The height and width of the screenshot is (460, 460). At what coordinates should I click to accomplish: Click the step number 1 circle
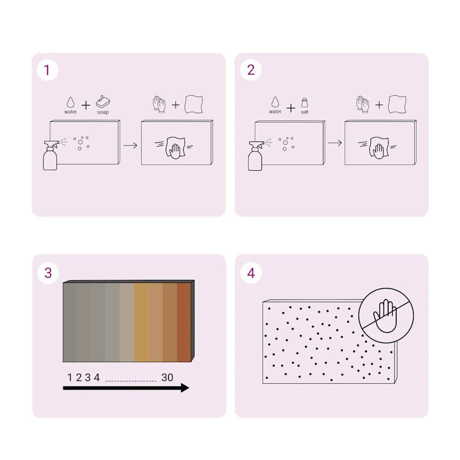click(47, 70)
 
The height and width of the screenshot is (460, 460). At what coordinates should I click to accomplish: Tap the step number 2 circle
click(251, 70)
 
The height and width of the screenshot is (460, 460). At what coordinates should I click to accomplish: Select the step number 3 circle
click(48, 273)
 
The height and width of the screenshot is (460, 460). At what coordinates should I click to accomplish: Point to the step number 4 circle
click(251, 273)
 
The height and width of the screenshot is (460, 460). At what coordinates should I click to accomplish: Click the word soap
click(103, 112)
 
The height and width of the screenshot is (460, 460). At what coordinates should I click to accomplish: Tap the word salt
click(305, 112)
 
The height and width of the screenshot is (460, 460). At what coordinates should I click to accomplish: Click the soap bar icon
click(103, 102)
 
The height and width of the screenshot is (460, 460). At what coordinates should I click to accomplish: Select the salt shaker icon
click(305, 103)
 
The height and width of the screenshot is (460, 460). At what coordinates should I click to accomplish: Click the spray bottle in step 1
click(50, 155)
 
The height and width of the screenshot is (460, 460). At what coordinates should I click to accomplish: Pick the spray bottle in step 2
click(256, 156)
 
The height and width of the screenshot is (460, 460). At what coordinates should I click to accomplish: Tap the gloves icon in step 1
click(159, 104)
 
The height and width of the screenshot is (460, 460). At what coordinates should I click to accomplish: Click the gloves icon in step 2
click(363, 104)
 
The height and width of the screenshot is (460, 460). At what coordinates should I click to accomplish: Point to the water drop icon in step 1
click(71, 102)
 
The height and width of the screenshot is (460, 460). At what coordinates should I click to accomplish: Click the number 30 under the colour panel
click(167, 377)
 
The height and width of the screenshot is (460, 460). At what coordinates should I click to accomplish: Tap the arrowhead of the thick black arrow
click(185, 388)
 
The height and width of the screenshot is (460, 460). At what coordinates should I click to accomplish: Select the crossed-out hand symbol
click(386, 316)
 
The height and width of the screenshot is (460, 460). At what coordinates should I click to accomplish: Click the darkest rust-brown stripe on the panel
click(184, 322)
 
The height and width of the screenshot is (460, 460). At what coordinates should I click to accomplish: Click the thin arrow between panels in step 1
click(130, 146)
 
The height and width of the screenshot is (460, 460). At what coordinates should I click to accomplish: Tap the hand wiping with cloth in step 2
click(379, 147)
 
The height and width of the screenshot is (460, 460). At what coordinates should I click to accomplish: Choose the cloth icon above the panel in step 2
click(397, 104)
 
